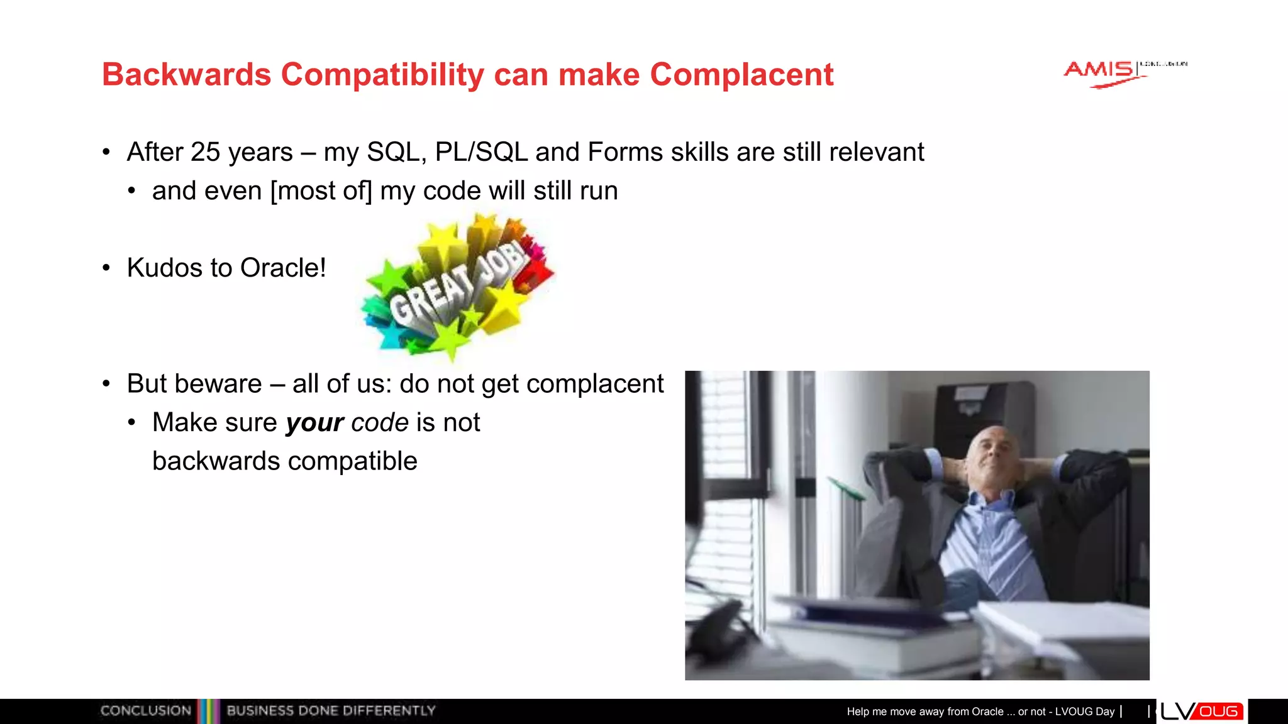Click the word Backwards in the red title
tap(186, 75)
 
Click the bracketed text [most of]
tap(321, 191)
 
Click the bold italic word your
tap(314, 423)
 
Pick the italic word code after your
tap(380, 423)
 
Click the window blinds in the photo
tap(723, 503)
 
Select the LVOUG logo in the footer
tap(1201, 711)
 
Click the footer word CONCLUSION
tap(145, 711)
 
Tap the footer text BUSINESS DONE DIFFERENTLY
tap(331, 711)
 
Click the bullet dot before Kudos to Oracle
tap(106, 268)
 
